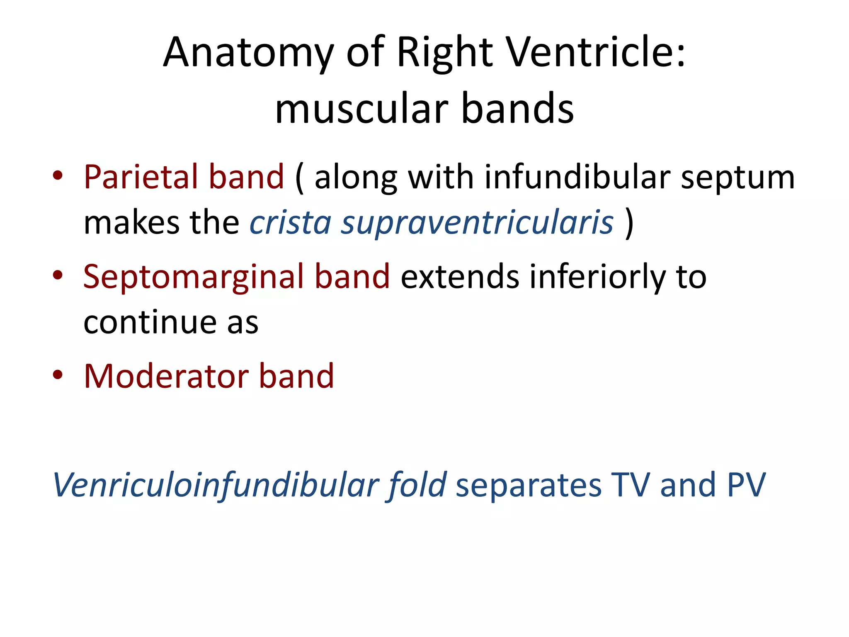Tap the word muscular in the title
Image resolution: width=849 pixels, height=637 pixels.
coord(361,109)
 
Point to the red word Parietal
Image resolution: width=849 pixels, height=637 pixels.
coord(141,177)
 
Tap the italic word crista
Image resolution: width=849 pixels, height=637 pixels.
coord(290,223)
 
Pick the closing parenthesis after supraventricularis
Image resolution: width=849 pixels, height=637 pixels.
coord(629,223)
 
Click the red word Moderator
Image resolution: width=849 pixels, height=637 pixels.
coord(166,376)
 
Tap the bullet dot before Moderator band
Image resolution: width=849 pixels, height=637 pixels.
coord(58,374)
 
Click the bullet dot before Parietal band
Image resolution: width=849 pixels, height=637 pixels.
coord(58,175)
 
